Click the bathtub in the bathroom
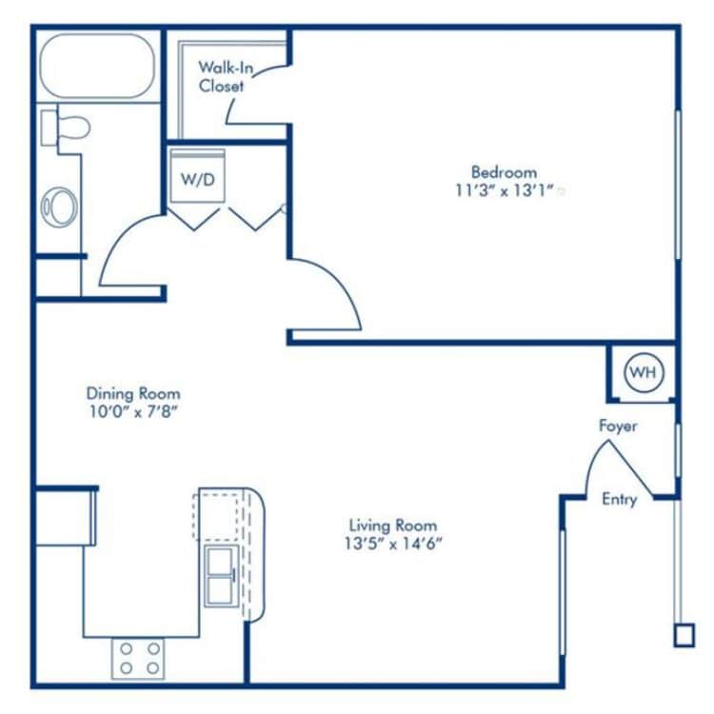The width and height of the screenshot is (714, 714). [97, 67]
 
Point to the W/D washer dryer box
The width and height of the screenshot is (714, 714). [197, 179]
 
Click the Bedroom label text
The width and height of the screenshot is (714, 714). [504, 172]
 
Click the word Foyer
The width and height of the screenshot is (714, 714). [618, 426]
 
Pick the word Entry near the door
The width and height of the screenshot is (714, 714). [619, 499]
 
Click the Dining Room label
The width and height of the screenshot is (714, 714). [133, 393]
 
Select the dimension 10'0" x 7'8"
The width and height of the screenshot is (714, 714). [133, 411]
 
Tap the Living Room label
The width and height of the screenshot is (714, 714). [392, 526]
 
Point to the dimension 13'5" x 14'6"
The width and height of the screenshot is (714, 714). [392, 544]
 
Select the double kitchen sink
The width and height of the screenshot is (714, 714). [220, 575]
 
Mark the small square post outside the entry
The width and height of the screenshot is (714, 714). [684, 635]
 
